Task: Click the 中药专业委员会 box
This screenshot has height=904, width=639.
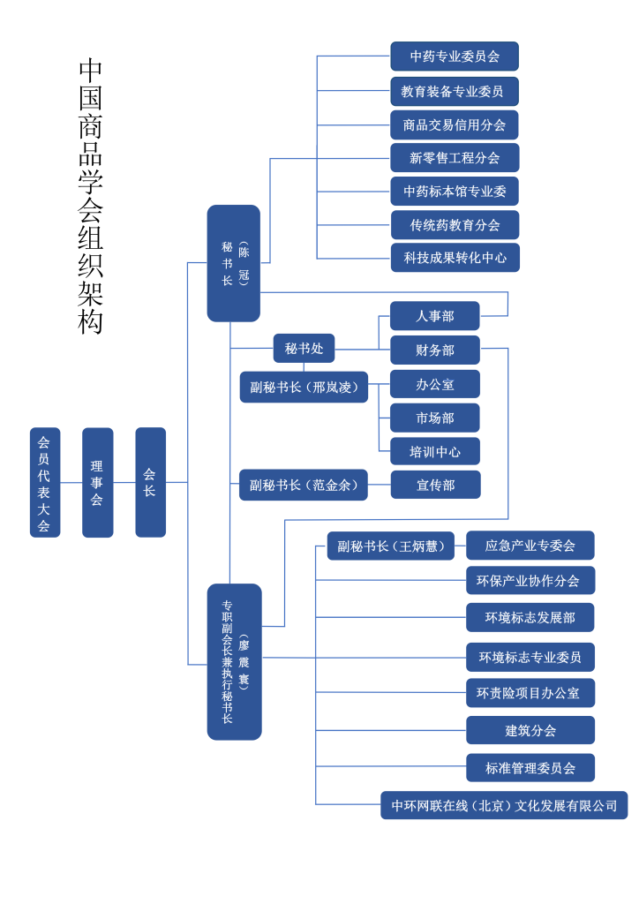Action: pyautogui.click(x=455, y=56)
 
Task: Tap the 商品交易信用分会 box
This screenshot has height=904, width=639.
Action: pyautogui.click(x=455, y=124)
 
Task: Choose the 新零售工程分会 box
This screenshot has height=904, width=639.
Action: pyautogui.click(x=455, y=157)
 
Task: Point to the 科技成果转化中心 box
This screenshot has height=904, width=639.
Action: pyautogui.click(x=455, y=258)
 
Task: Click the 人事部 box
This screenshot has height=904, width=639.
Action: pyautogui.click(x=435, y=316)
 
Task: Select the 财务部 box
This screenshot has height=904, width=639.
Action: pyautogui.click(x=435, y=350)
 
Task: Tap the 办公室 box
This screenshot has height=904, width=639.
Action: pyautogui.click(x=435, y=384)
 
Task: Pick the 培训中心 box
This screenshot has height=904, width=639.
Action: pyautogui.click(x=435, y=451)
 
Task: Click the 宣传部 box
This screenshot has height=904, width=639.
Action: pyautogui.click(x=435, y=485)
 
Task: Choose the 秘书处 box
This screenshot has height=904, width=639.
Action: pyautogui.click(x=304, y=349)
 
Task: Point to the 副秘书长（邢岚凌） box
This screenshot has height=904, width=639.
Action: pyautogui.click(x=304, y=387)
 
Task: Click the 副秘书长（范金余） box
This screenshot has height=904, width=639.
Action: pyautogui.click(x=304, y=485)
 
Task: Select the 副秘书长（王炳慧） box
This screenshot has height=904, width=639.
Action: pyautogui.click(x=391, y=546)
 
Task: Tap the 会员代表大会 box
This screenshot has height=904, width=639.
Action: pyautogui.click(x=44, y=483)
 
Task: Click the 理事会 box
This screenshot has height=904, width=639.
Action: pyautogui.click(x=97, y=483)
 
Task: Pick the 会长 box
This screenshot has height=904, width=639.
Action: pyautogui.click(x=150, y=483)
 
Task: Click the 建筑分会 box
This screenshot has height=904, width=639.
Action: pyautogui.click(x=530, y=730)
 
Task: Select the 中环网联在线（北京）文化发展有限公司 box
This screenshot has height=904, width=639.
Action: pyautogui.click(x=504, y=805)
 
